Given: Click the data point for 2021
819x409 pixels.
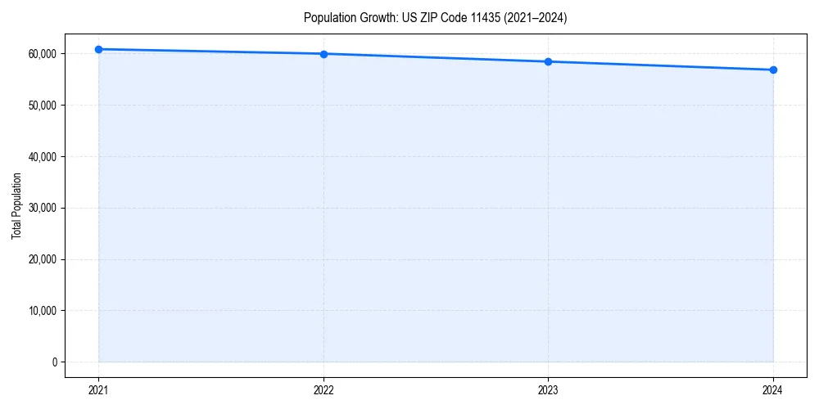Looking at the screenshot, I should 98,49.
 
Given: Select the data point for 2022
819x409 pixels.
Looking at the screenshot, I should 324,54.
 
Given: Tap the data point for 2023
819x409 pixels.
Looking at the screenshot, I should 548,61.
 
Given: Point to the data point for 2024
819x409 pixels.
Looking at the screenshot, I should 773,70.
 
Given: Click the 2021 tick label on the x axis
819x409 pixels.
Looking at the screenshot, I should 98,390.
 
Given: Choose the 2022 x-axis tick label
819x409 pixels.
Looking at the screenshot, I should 324,390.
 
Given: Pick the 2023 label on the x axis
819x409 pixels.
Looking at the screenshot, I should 548,390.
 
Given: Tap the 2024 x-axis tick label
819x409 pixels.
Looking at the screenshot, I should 773,390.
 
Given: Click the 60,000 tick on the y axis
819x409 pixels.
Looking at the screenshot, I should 42,54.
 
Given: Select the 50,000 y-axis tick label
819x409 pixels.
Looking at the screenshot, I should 42,106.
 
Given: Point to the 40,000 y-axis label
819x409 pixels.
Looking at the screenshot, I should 42,157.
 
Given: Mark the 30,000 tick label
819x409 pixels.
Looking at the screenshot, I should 42,208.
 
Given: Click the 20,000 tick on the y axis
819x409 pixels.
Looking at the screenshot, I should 42,259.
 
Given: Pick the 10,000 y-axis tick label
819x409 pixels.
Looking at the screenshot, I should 42,311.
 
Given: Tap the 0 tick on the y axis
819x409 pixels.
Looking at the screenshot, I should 55,362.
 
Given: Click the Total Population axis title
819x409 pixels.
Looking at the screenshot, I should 16,206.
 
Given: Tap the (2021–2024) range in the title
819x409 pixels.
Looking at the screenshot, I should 536,18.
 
